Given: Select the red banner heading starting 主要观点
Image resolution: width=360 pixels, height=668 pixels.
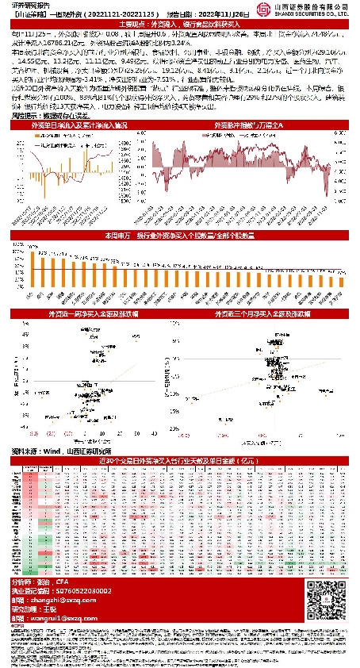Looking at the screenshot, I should click(180, 25).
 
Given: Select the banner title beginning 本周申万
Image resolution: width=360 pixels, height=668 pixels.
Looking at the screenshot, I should click(180, 236).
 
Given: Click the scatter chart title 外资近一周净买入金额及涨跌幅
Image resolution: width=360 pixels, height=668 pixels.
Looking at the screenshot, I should click(89, 314).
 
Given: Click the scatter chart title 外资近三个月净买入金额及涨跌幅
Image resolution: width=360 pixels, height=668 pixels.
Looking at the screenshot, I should click(267, 314).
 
